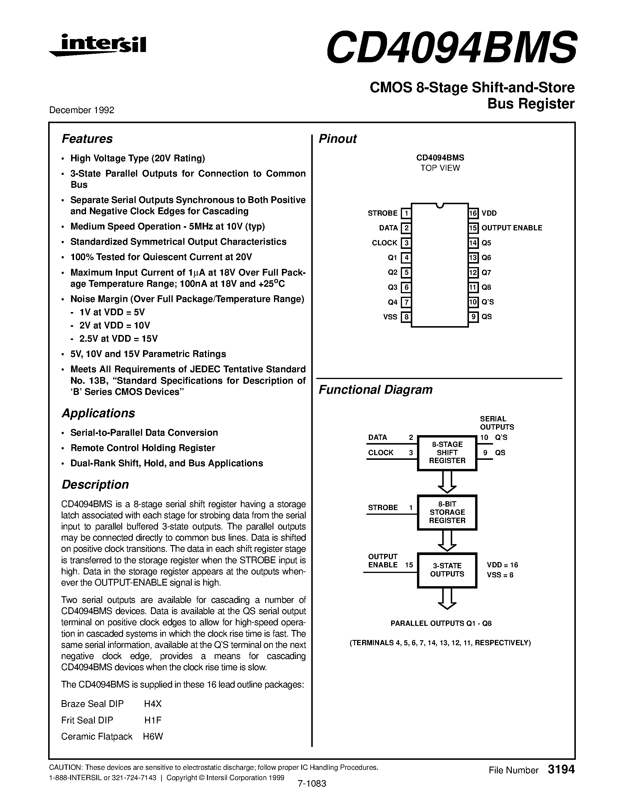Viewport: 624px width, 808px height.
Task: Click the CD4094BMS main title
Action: [x=451, y=47]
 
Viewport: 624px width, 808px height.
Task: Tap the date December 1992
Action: [x=82, y=110]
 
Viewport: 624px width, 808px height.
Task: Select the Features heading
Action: [x=87, y=139]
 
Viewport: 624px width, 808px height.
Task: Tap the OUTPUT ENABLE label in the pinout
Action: [x=512, y=228]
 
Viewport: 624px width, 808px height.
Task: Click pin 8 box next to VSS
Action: [x=406, y=317]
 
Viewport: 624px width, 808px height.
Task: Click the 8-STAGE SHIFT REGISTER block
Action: [x=447, y=452]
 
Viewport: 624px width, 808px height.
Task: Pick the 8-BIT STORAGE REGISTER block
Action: [x=447, y=512]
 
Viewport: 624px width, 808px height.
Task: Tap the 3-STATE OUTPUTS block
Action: [x=447, y=570]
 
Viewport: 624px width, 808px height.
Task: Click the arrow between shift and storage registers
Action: [x=447, y=482]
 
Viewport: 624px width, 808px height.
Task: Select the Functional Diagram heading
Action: [x=376, y=390]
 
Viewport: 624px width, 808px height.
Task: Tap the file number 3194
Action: [x=561, y=770]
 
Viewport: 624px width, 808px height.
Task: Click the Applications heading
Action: [x=98, y=413]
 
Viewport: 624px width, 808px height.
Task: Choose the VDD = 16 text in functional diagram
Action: [x=502, y=565]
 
